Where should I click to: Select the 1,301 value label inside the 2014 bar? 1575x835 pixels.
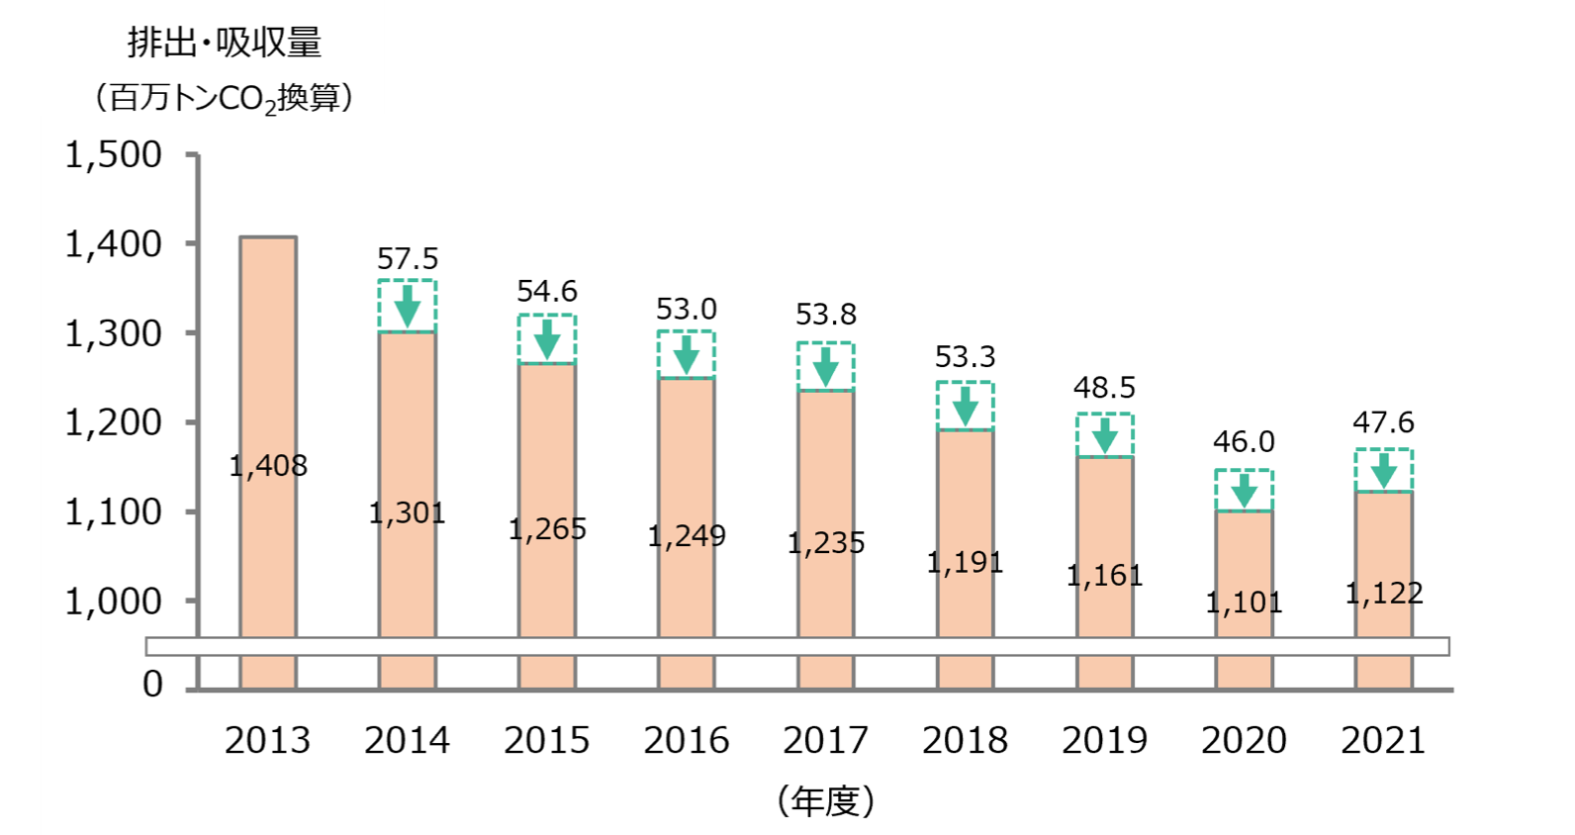[407, 512]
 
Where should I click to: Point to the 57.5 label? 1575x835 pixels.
[407, 259]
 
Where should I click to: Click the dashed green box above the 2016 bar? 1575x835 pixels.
[687, 354]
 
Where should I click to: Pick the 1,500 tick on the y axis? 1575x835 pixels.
[113, 155]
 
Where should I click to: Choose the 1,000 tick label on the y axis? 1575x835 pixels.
[113, 602]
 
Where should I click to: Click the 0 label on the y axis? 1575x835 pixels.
[152, 685]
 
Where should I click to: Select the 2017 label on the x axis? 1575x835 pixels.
[825, 741]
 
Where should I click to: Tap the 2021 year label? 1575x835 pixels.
[1383, 741]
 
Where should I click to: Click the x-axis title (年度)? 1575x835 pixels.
[826, 800]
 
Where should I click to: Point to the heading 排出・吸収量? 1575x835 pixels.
[224, 43]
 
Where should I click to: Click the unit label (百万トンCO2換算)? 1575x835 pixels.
[224, 99]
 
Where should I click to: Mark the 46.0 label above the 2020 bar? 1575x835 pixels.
[1244, 441]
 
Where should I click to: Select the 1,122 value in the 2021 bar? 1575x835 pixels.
[1383, 594]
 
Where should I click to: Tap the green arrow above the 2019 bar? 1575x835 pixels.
[1105, 435]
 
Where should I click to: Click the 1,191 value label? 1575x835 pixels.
[965, 563]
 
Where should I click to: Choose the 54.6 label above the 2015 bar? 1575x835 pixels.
[547, 292]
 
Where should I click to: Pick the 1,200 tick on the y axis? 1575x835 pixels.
[113, 423]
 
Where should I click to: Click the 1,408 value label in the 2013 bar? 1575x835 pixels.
[268, 466]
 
